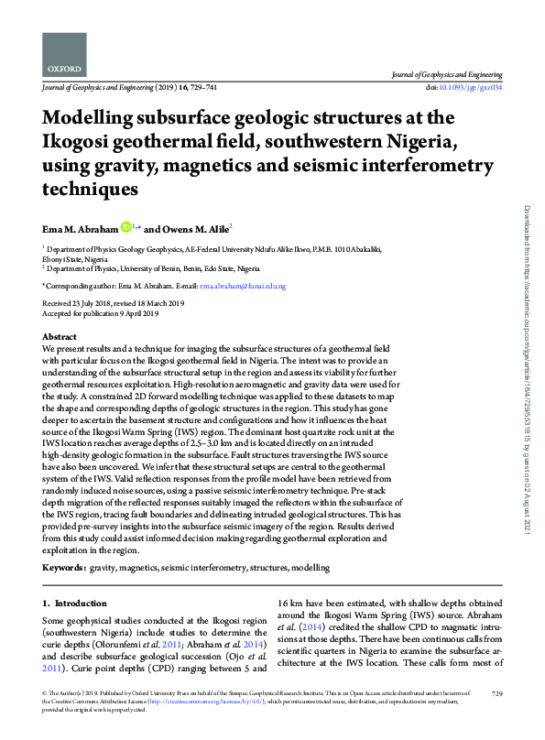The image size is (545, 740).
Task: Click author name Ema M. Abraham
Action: [79, 228]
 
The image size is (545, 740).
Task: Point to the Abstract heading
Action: [60, 338]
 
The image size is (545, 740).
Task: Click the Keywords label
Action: [64, 568]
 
